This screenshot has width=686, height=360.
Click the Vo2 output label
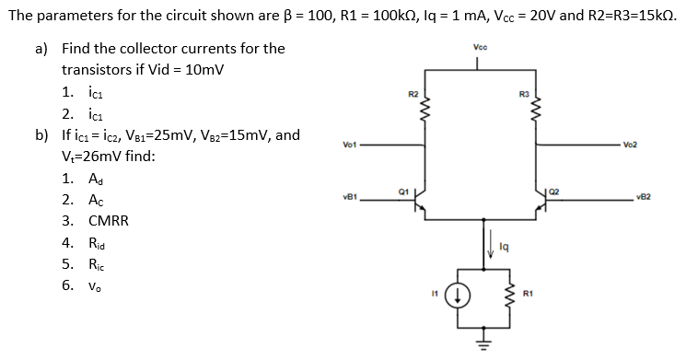[630, 145]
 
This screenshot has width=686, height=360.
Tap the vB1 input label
[349, 196]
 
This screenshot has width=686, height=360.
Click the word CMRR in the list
[109, 221]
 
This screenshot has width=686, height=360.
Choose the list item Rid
[99, 243]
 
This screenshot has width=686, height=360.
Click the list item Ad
[97, 178]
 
